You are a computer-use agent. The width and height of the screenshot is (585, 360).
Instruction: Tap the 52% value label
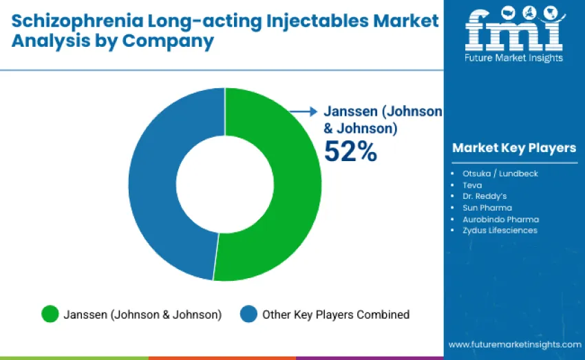[350, 151]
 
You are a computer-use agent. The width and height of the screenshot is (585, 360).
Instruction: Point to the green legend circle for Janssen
[50, 315]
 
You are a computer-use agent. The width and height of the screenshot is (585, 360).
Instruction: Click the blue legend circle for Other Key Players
[248, 315]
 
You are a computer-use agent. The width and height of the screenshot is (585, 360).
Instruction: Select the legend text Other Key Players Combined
[336, 315]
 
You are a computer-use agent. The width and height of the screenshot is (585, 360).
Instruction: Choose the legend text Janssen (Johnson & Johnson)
[142, 315]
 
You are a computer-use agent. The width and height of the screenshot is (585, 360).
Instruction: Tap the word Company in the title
[168, 41]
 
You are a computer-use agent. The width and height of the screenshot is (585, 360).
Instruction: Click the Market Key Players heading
[514, 148]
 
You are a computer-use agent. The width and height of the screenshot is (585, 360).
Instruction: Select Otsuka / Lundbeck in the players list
[500, 173]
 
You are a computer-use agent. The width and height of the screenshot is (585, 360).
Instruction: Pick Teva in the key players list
[472, 185]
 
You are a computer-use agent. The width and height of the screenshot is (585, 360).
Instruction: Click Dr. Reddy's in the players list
[485, 196]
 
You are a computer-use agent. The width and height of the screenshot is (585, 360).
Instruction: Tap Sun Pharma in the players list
[487, 207]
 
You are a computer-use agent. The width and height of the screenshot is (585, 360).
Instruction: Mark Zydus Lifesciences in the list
[500, 230]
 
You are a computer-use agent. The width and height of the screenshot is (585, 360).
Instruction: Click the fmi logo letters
[513, 29]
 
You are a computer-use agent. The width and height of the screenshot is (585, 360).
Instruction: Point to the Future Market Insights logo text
[514, 58]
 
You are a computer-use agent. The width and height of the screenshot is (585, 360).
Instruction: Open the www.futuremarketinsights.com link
[515, 344]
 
